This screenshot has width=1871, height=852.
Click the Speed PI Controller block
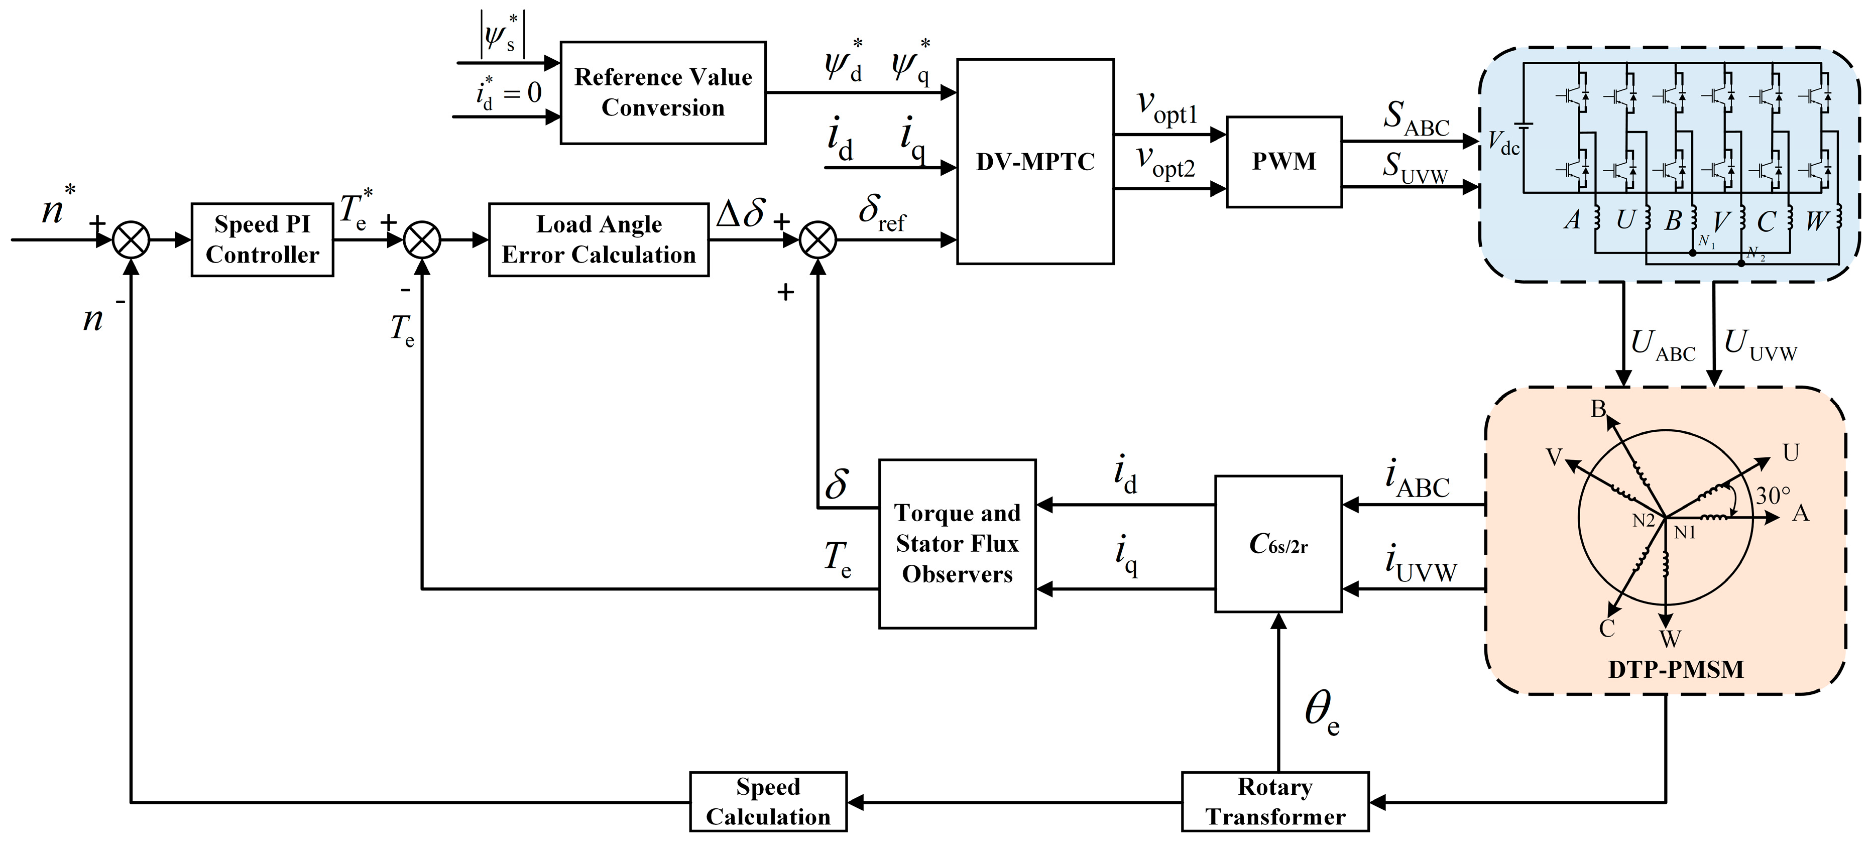tap(262, 239)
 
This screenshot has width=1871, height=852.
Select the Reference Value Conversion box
tap(662, 92)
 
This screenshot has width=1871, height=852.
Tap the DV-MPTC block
tap(1034, 161)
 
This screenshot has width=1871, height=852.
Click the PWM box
tap(1283, 161)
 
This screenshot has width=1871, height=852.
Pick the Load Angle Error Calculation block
tap(599, 239)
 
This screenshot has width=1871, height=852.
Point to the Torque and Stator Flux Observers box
tap(957, 543)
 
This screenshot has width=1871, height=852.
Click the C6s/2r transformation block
tap(1277, 543)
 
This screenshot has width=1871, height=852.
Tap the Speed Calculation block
tap(768, 802)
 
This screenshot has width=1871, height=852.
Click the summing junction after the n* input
tap(132, 239)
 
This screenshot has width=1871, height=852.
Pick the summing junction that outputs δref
tap(818, 239)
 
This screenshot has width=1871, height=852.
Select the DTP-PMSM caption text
tap(1676, 669)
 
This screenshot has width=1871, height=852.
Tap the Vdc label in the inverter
tap(1503, 143)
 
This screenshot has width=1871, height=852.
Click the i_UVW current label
tap(1420, 566)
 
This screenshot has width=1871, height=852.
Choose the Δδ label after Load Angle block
tap(741, 214)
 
